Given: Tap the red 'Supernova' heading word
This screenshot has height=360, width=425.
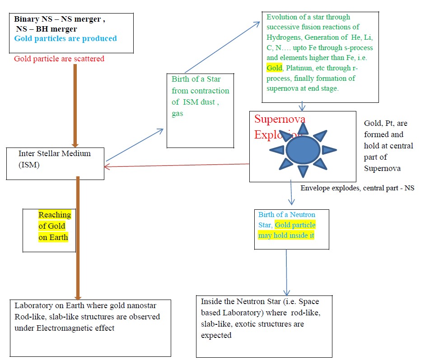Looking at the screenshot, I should pos(280,119).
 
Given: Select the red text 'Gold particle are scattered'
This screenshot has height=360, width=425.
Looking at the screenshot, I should pos(59,59).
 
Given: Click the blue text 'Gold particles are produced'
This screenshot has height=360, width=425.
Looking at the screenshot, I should pos(65,38).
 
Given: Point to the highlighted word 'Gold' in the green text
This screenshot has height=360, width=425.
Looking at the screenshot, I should pos(274,68).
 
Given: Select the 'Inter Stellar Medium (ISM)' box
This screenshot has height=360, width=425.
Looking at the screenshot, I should pos(55,159).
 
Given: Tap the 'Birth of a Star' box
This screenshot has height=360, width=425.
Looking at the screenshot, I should pos(201,111).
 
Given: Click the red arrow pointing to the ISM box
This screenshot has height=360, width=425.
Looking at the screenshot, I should pos(176,165).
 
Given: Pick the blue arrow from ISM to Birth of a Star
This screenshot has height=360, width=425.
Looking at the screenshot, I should pos(135,144).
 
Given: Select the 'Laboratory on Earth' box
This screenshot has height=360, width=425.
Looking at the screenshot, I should pos(90,328).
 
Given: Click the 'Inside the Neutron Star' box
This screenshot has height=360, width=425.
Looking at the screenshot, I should pos(264,325).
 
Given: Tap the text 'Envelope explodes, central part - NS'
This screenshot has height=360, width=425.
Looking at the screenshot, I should pos(357,188).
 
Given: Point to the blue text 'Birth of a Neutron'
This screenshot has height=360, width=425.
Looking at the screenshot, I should pos(287,214).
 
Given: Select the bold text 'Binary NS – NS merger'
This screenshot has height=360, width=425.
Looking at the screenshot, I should pos(60,19).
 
